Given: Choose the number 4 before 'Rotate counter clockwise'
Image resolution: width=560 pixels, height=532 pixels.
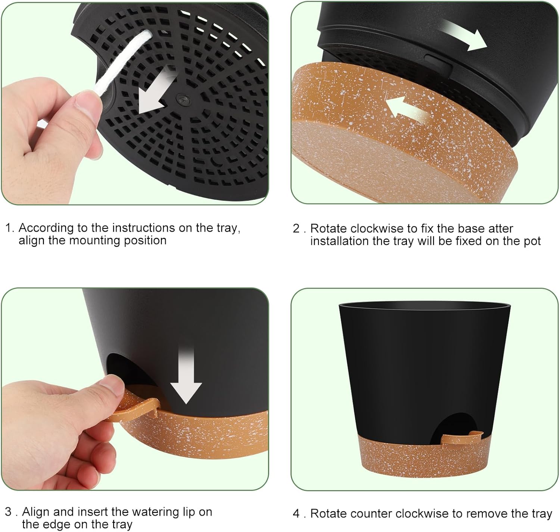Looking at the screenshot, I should [296, 514].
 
